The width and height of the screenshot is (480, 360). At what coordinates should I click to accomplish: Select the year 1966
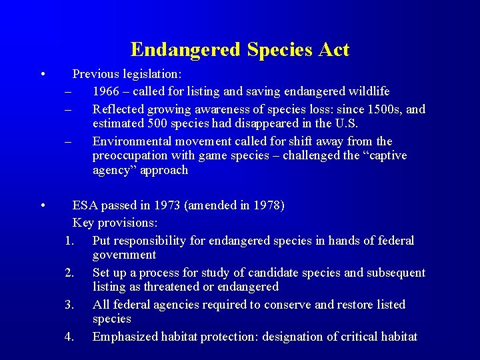pos(107,91)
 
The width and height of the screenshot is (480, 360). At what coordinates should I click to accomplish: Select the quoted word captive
pos(383,155)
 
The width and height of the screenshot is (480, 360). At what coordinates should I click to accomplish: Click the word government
pos(124,255)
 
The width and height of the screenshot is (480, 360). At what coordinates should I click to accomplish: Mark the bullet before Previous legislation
pos(42,74)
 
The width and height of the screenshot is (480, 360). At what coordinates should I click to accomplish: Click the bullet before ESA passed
pos(42,205)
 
